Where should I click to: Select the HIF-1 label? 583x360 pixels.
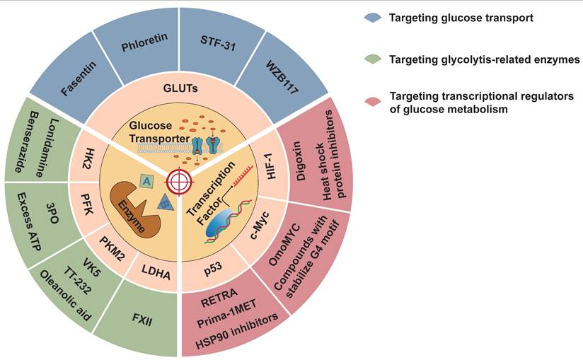pos(276,168)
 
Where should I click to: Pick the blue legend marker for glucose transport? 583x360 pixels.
pos(371,16)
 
